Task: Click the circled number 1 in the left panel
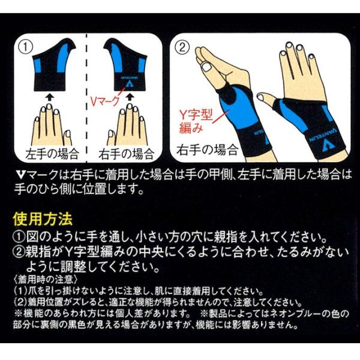(25, 48)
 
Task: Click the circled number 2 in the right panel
(182, 48)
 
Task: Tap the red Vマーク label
(104, 101)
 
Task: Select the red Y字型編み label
(196, 121)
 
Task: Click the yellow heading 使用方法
(43, 219)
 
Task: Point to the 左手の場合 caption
(52, 154)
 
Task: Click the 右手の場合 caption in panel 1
(126, 154)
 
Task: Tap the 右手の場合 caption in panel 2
(208, 149)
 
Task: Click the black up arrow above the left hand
(49, 97)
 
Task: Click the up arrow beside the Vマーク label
(130, 97)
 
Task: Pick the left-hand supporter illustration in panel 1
(53, 65)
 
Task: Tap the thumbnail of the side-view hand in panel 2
(206, 67)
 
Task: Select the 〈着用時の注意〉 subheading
(46, 280)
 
